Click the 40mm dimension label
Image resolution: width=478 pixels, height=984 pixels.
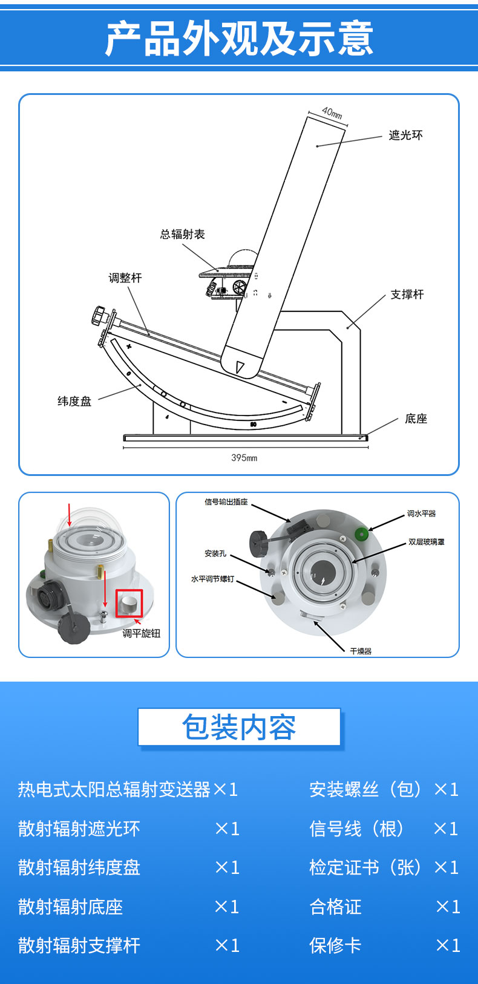(x=332, y=112)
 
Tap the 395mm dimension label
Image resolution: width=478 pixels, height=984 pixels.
(x=244, y=458)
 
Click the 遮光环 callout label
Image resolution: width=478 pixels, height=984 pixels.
(x=405, y=135)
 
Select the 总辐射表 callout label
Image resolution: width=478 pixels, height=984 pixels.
(x=182, y=234)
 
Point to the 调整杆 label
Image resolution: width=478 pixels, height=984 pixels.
(x=125, y=278)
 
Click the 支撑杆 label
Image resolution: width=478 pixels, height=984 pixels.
(x=407, y=295)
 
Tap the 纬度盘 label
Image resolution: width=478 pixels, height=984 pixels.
(x=74, y=401)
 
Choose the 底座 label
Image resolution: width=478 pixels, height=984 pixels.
(x=416, y=419)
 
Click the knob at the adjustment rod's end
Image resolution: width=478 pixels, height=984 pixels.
(x=99, y=316)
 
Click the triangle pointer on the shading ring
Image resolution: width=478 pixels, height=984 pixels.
(x=240, y=367)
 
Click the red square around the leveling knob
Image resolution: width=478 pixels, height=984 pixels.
(x=129, y=603)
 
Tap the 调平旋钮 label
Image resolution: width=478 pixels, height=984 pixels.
(x=142, y=633)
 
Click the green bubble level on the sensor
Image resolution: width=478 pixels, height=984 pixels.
(x=362, y=534)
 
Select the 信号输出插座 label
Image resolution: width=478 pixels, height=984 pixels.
(x=226, y=501)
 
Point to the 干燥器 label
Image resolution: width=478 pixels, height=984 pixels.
(x=361, y=651)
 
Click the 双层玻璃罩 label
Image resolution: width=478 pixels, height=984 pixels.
(x=426, y=542)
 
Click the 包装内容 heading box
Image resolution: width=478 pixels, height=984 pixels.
(x=239, y=727)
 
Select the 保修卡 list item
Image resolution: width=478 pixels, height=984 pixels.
(x=335, y=945)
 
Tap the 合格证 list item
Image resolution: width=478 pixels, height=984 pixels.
(x=335, y=906)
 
